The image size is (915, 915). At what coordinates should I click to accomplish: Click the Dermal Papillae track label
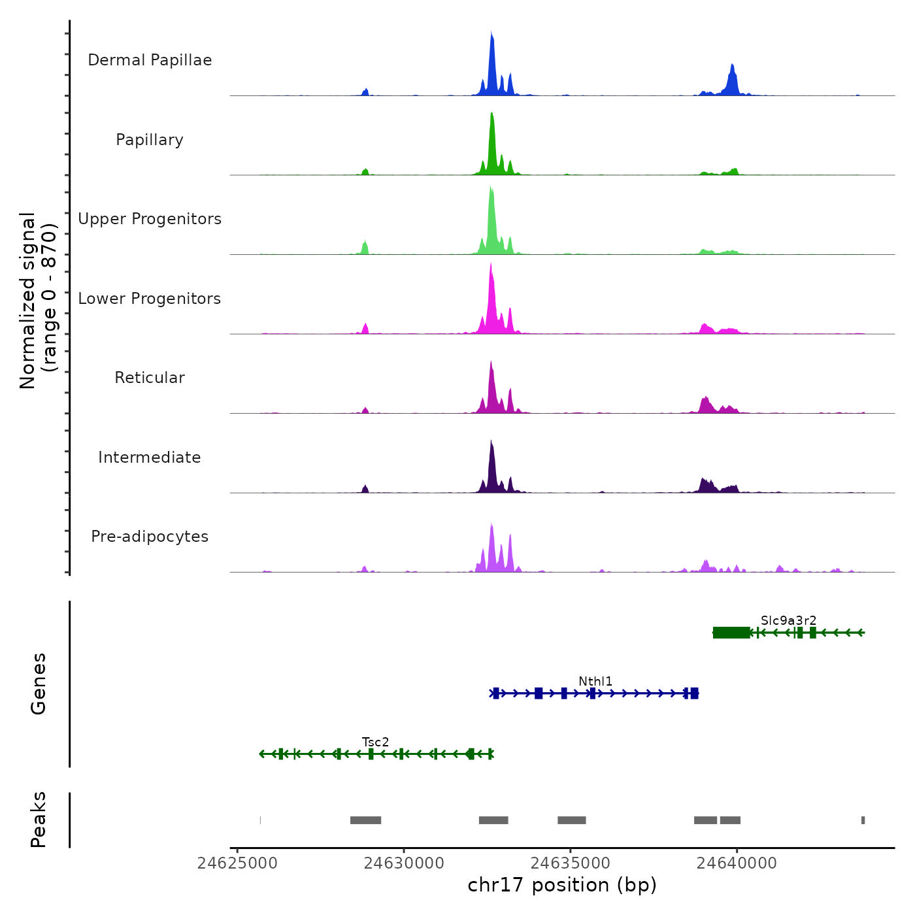coord(150,60)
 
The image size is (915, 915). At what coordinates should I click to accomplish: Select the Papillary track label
coord(150,140)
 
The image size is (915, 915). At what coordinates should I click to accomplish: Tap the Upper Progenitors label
coord(150,219)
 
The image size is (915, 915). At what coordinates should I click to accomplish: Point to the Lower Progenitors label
coord(150,299)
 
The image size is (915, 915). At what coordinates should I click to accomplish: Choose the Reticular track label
coord(150,378)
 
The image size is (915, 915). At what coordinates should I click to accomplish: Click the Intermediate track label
coord(150,457)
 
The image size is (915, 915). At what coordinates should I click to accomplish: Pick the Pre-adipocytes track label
coord(150,537)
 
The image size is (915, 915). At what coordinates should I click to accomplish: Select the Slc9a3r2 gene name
coord(788,620)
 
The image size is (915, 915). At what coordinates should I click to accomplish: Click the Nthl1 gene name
coord(595,682)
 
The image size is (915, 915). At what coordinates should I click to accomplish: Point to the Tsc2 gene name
coord(376,742)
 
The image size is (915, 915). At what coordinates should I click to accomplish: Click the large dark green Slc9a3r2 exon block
coord(731,633)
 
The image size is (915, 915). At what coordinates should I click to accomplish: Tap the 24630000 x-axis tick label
coord(404,863)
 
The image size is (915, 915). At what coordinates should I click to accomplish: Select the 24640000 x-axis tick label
coord(737,863)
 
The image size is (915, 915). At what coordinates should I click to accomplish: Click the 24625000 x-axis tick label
coord(237,863)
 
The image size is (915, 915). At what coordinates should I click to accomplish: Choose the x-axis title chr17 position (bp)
coord(562,885)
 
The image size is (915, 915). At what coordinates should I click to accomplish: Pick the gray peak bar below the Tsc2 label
coord(365,820)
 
